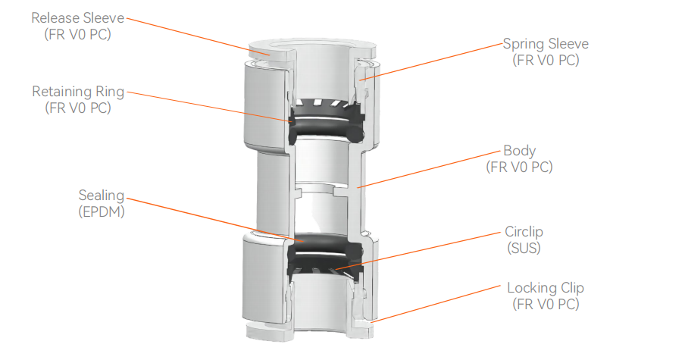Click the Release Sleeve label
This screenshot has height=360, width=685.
point(77,17)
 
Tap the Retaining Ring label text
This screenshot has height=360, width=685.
point(77,92)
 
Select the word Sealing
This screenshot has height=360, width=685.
point(101,196)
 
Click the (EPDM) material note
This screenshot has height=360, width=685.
point(101,211)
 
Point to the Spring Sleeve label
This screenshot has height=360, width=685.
point(546,44)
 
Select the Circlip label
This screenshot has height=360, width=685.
point(524,231)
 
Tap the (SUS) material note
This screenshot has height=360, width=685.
point(524,247)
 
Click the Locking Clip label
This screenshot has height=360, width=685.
point(546,288)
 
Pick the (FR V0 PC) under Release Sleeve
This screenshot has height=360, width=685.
point(77,34)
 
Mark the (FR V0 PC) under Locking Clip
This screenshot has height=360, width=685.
point(546,305)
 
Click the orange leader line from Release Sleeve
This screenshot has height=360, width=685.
point(197,35)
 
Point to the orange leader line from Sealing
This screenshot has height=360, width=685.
point(212,221)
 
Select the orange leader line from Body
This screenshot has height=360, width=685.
point(432,167)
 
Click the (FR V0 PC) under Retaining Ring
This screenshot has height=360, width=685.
point(77,108)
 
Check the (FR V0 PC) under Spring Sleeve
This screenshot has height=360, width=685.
point(546,61)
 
